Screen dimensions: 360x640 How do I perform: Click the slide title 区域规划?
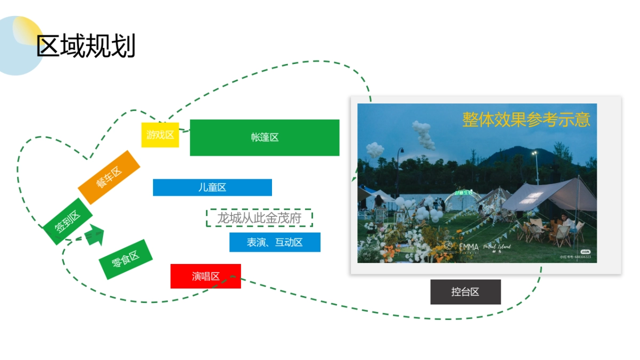[x=86, y=46]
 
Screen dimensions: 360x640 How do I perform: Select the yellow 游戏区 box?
[x=160, y=135]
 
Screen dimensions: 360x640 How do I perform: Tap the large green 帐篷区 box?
[x=265, y=138]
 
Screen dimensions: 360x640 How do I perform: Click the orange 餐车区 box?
[x=109, y=177]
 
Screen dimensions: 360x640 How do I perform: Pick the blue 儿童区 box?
[x=212, y=187]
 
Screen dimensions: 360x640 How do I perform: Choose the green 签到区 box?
[x=68, y=221]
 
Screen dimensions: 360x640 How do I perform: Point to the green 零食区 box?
[x=125, y=259]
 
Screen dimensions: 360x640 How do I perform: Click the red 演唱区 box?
[x=205, y=276]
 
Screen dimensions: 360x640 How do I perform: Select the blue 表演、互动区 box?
[x=275, y=242]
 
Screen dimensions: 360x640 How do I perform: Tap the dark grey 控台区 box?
[x=465, y=292]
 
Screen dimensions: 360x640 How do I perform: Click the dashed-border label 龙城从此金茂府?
[x=259, y=218]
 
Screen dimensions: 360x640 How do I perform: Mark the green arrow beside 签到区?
[x=94, y=235]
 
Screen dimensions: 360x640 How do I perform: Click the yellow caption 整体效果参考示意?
[x=526, y=119]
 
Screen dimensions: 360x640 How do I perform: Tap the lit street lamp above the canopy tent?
[x=534, y=154]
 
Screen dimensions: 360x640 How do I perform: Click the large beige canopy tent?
[x=549, y=195]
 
